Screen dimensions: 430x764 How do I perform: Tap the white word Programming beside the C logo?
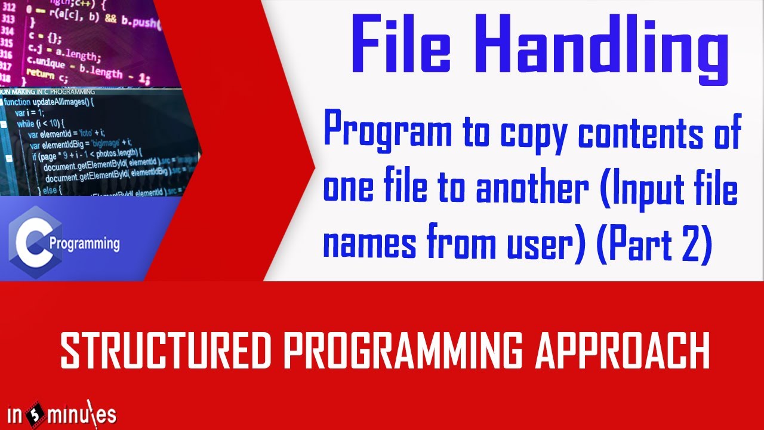click(x=84, y=244)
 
